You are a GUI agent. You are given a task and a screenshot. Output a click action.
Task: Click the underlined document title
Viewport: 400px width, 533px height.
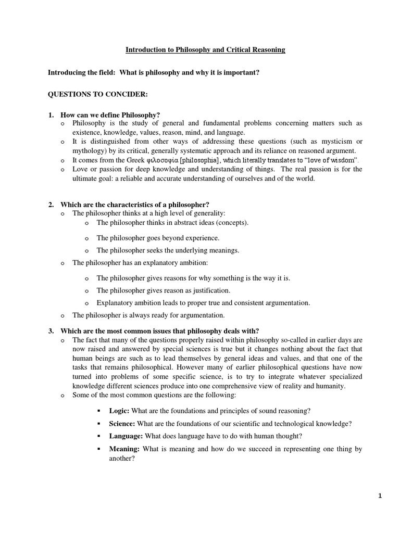pyautogui.click(x=205, y=50)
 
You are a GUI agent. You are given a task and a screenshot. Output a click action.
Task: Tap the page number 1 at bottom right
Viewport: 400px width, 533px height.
pyautogui.click(x=380, y=496)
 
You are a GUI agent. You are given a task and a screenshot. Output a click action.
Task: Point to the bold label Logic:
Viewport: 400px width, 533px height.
pyautogui.click(x=119, y=411)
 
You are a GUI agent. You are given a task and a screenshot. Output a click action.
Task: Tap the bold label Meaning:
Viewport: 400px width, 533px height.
pyautogui.click(x=124, y=449)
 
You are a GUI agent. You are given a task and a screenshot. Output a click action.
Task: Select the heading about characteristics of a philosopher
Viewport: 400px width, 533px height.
pyautogui.click(x=134, y=204)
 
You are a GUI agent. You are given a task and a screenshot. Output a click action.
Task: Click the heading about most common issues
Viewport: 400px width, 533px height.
pyautogui.click(x=159, y=331)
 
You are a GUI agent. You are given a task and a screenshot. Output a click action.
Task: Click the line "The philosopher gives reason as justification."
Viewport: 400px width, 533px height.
pyautogui.click(x=163, y=290)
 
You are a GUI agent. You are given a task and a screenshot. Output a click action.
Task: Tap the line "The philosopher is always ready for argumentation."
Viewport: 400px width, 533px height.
pyautogui.click(x=148, y=315)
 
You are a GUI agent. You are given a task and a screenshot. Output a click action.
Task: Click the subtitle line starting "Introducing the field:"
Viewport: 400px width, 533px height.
pyautogui.click(x=154, y=72)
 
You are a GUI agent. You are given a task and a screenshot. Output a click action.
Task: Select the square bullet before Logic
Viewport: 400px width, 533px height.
pyautogui.click(x=99, y=411)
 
